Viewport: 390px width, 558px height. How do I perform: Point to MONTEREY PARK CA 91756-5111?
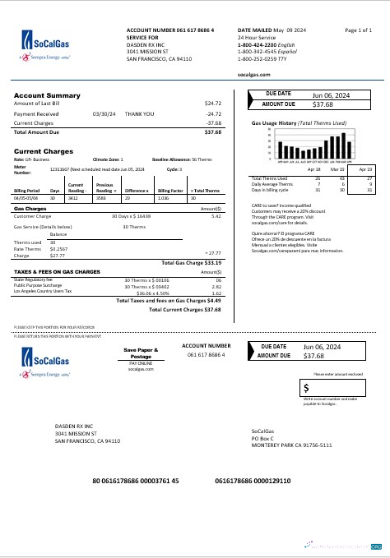(291, 444)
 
